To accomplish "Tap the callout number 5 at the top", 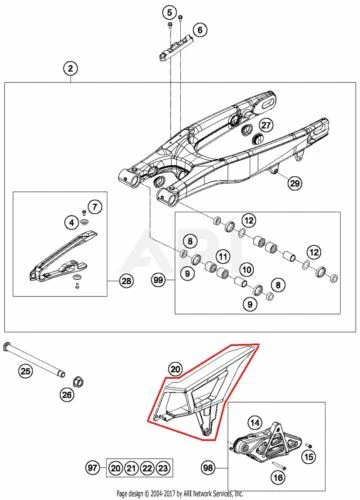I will (x=169, y=11).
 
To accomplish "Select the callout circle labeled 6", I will (x=199, y=30).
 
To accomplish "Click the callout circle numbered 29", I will (x=294, y=183).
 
